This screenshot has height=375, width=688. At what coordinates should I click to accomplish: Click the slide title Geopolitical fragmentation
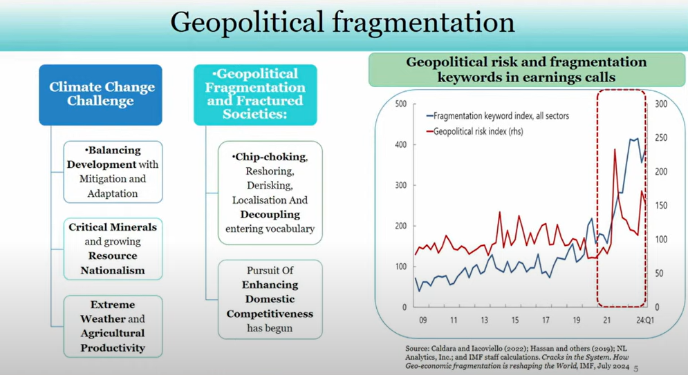pos(342,22)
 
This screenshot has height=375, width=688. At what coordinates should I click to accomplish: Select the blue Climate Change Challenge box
pos(100,95)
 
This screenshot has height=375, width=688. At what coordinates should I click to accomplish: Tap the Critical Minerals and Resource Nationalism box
pos(113,249)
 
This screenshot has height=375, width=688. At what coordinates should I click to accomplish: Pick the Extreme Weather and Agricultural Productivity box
pos(113,326)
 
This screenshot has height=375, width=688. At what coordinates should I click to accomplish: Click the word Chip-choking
pos(270,157)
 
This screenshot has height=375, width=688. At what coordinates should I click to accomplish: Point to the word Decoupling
pos(270,215)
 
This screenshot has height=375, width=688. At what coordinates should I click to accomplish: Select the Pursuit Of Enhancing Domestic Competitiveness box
pos(270,299)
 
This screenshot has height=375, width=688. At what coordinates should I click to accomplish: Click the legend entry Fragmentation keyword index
pos(498,116)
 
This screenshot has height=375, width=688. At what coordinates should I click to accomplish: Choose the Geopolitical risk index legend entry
pos(475,131)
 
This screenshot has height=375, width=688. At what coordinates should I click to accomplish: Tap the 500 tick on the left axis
pos(400,104)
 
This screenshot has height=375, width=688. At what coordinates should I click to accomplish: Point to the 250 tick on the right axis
pos(661,137)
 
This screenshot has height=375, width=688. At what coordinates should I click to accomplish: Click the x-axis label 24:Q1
pos(644,320)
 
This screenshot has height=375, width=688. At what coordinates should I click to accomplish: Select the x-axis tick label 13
pos(485,320)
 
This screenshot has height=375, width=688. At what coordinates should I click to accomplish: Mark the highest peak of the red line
pos(615,149)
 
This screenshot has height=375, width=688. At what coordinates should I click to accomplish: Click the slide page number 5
pos(635,369)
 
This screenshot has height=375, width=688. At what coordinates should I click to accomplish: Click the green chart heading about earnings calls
pos(526,70)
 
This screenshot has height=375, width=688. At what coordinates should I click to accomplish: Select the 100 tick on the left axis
pos(400,267)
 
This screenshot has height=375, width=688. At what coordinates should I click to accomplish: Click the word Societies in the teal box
pos(254,114)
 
